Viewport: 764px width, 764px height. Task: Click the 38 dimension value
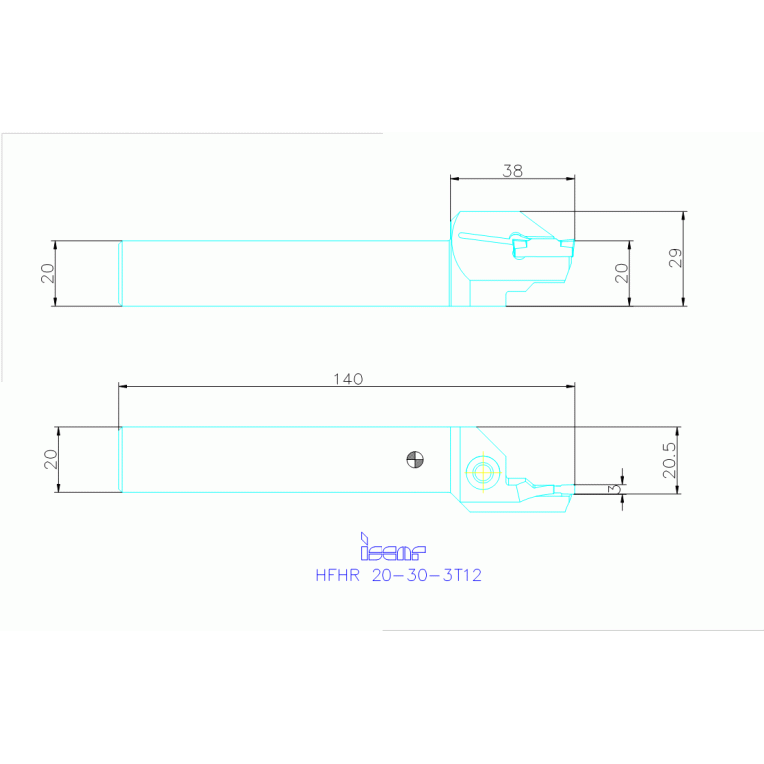[512, 171]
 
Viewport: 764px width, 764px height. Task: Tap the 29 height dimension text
[675, 259]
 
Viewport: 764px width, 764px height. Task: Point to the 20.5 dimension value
[669, 461]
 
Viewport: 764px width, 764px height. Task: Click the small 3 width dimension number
[614, 488]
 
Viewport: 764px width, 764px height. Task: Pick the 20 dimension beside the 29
[621, 273]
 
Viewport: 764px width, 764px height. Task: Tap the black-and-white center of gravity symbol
[415, 459]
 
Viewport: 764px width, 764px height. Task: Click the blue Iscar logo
[391, 547]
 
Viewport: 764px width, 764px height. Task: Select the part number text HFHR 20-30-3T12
[398, 575]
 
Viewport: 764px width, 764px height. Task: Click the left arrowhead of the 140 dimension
[123, 386]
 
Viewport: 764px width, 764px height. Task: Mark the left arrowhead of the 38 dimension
[455, 179]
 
